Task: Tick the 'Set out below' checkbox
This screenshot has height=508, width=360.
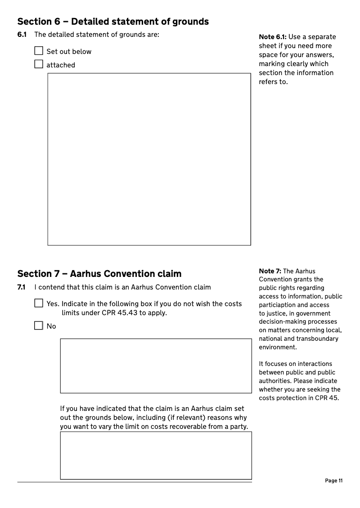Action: (x=39, y=51)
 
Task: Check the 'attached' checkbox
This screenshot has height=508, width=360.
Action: (x=39, y=64)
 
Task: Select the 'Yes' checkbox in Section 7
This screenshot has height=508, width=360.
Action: (x=39, y=303)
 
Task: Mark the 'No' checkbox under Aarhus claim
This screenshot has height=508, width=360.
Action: (x=39, y=325)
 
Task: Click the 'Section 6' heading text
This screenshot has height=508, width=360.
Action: (x=113, y=21)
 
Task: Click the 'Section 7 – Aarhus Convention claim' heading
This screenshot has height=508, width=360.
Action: (x=99, y=274)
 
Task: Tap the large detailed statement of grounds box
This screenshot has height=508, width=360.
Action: (x=149, y=159)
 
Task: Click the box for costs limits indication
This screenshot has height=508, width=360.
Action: (x=156, y=366)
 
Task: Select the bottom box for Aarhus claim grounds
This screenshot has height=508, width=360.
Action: (x=156, y=455)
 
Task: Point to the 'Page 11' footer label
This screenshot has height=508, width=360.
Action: (x=333, y=481)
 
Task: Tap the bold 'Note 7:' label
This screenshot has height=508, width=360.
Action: (x=270, y=271)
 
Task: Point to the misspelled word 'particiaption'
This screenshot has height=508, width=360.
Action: (x=277, y=305)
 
